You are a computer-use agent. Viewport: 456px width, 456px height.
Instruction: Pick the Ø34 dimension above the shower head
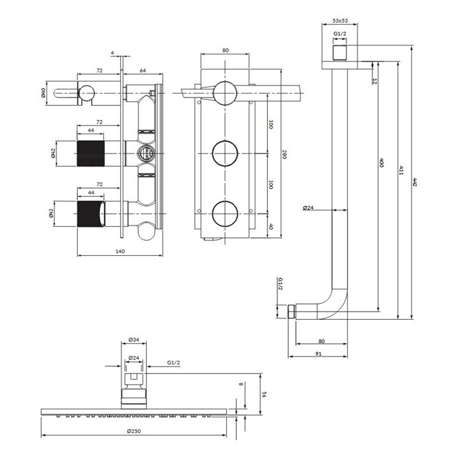coord(134,340)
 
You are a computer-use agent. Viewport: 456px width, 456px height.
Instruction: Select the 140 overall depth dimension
coord(120,251)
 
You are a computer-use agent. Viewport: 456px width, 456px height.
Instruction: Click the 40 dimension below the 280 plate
coord(270,226)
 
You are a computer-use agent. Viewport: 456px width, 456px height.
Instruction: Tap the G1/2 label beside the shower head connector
coord(175,363)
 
